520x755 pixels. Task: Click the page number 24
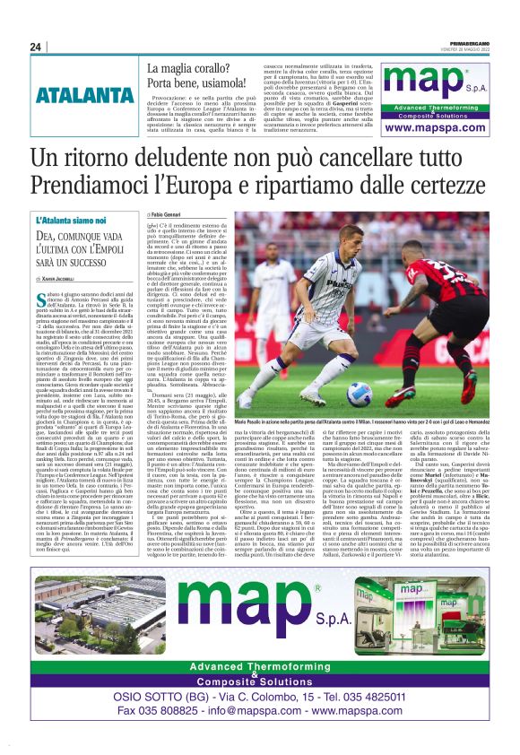(35, 47)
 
